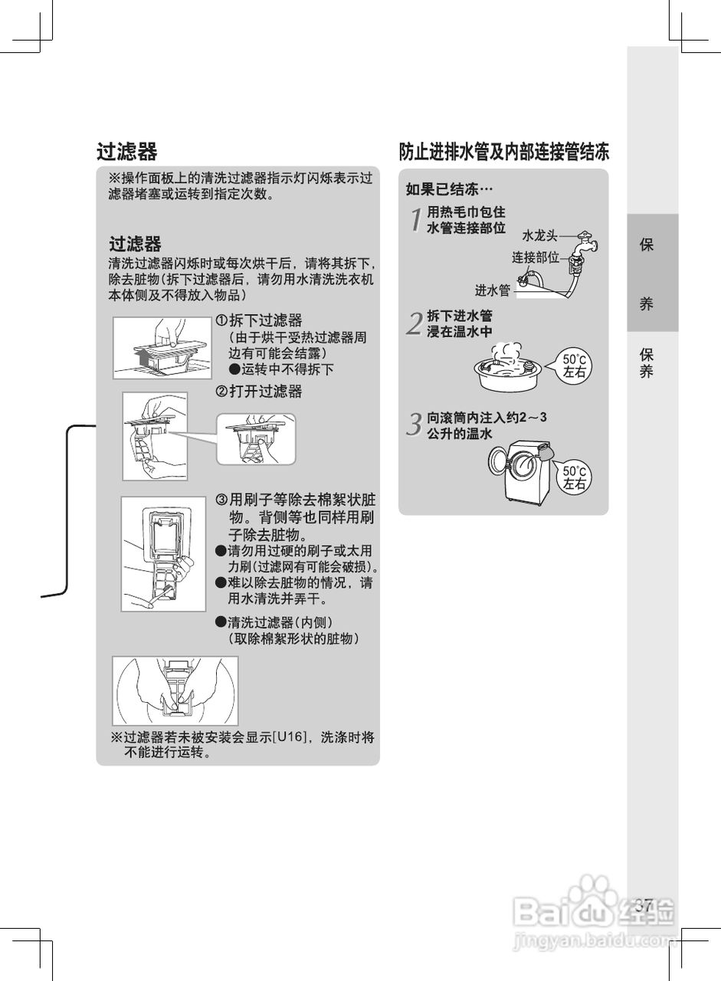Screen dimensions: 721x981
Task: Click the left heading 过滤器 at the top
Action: coord(126,152)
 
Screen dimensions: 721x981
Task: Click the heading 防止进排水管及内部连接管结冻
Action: coord(503,152)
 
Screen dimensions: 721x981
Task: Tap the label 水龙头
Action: coord(540,235)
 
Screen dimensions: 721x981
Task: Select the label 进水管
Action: coord(492,290)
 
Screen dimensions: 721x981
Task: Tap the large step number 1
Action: coord(415,221)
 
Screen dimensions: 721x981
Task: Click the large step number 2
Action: coord(415,324)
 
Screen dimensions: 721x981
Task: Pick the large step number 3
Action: coord(415,424)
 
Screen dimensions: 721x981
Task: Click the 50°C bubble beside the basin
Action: coord(575,366)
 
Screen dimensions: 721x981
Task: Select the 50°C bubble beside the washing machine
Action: coord(575,477)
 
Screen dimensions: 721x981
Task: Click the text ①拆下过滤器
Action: coord(258,320)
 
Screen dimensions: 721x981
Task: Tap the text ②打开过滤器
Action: coord(258,392)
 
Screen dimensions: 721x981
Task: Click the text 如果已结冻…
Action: coord(450,189)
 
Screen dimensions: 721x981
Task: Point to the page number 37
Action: coord(644,904)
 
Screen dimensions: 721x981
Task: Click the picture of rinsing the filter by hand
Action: coord(175,691)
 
